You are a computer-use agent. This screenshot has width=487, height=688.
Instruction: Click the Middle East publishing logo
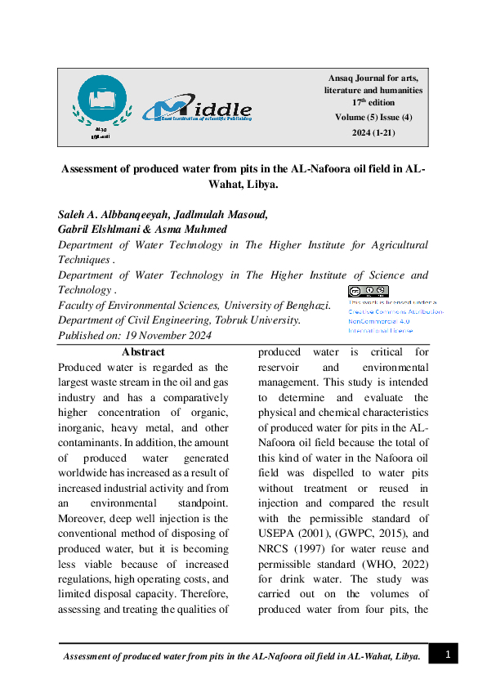[x=197, y=108]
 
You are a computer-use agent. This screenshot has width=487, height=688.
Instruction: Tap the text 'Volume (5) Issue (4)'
[x=373, y=118]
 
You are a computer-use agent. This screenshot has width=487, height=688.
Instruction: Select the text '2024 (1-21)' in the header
[x=373, y=132]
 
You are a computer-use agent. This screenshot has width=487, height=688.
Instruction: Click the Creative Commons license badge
[x=368, y=292]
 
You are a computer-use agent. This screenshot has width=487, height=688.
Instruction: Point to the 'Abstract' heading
[x=143, y=352]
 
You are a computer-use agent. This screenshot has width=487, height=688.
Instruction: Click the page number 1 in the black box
[x=446, y=654]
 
